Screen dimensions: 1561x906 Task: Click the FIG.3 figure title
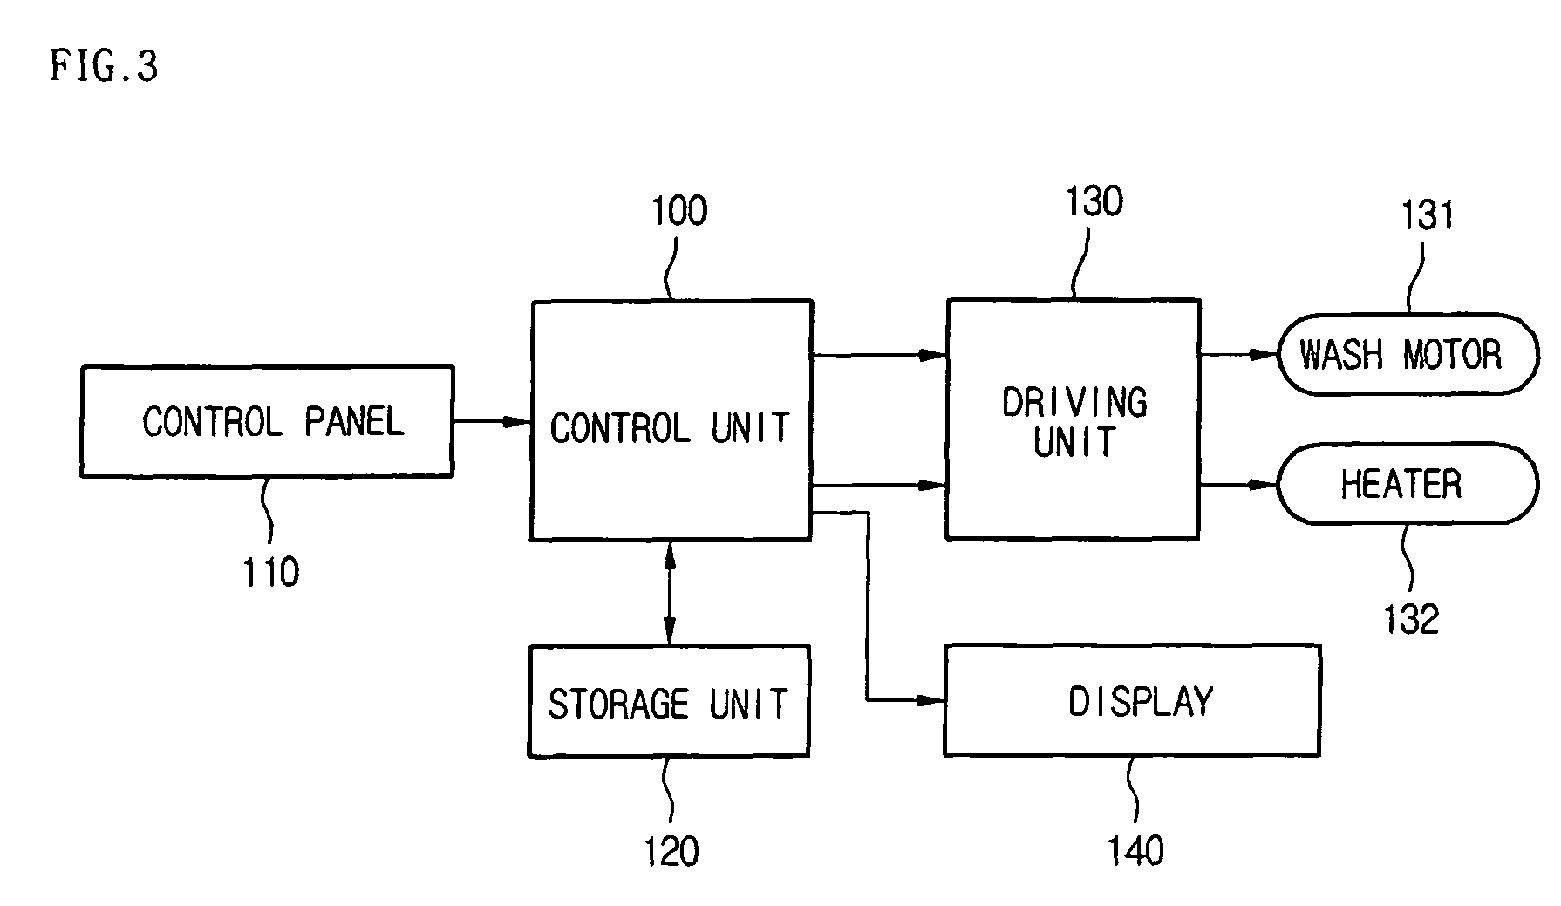104,66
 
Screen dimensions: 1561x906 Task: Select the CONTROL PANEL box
267,421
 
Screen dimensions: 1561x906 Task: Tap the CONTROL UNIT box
671,420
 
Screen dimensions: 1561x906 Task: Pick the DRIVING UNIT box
1073,419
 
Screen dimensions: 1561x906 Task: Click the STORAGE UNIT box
669,700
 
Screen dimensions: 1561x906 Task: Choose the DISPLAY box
1132,699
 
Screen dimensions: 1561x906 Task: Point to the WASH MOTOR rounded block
1408,355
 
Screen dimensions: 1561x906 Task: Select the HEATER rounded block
1408,483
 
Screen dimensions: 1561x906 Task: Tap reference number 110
271,573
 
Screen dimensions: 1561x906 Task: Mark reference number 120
671,851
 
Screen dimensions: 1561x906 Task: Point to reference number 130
1094,201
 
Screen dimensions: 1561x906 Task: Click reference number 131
1428,215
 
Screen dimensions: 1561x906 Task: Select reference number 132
1411,619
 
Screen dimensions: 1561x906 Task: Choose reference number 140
1136,850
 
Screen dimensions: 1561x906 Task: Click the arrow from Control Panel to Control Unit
493,422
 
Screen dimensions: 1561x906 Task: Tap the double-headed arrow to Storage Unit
670,593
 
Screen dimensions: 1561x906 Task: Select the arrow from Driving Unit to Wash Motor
1239,355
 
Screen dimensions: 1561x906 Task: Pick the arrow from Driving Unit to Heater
1239,484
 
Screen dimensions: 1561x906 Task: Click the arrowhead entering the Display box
932,700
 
